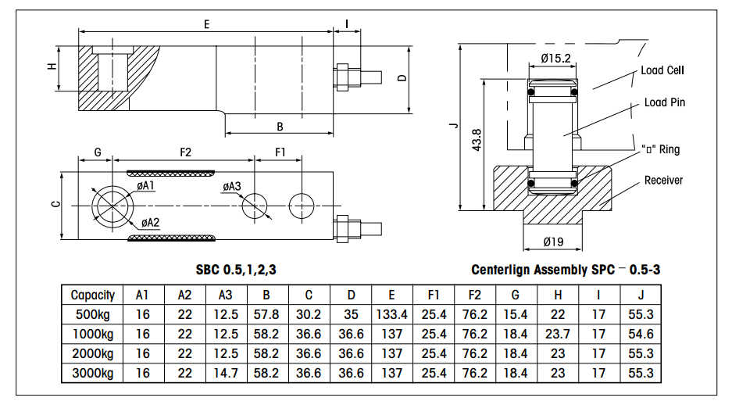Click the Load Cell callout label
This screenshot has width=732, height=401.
click(x=662, y=70)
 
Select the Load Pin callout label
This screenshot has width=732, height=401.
click(x=665, y=102)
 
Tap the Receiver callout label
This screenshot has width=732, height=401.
click(x=663, y=181)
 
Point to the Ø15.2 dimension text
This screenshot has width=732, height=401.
click(x=555, y=57)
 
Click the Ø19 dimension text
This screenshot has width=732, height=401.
click(x=552, y=242)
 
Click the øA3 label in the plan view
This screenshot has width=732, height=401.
click(x=231, y=186)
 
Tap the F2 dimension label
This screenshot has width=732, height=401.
click(x=185, y=152)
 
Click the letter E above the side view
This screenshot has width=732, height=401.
click(x=206, y=24)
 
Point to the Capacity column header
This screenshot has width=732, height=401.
click(x=92, y=295)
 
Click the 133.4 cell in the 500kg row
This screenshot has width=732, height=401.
click(x=391, y=314)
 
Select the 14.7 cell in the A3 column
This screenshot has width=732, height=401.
click(x=226, y=373)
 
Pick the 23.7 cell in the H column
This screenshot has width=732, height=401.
click(x=557, y=334)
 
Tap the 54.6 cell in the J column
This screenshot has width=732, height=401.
click(x=641, y=334)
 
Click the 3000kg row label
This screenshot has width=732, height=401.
click(x=92, y=373)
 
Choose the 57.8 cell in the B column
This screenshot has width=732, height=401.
click(x=267, y=314)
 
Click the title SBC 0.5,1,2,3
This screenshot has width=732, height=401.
click(x=236, y=270)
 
